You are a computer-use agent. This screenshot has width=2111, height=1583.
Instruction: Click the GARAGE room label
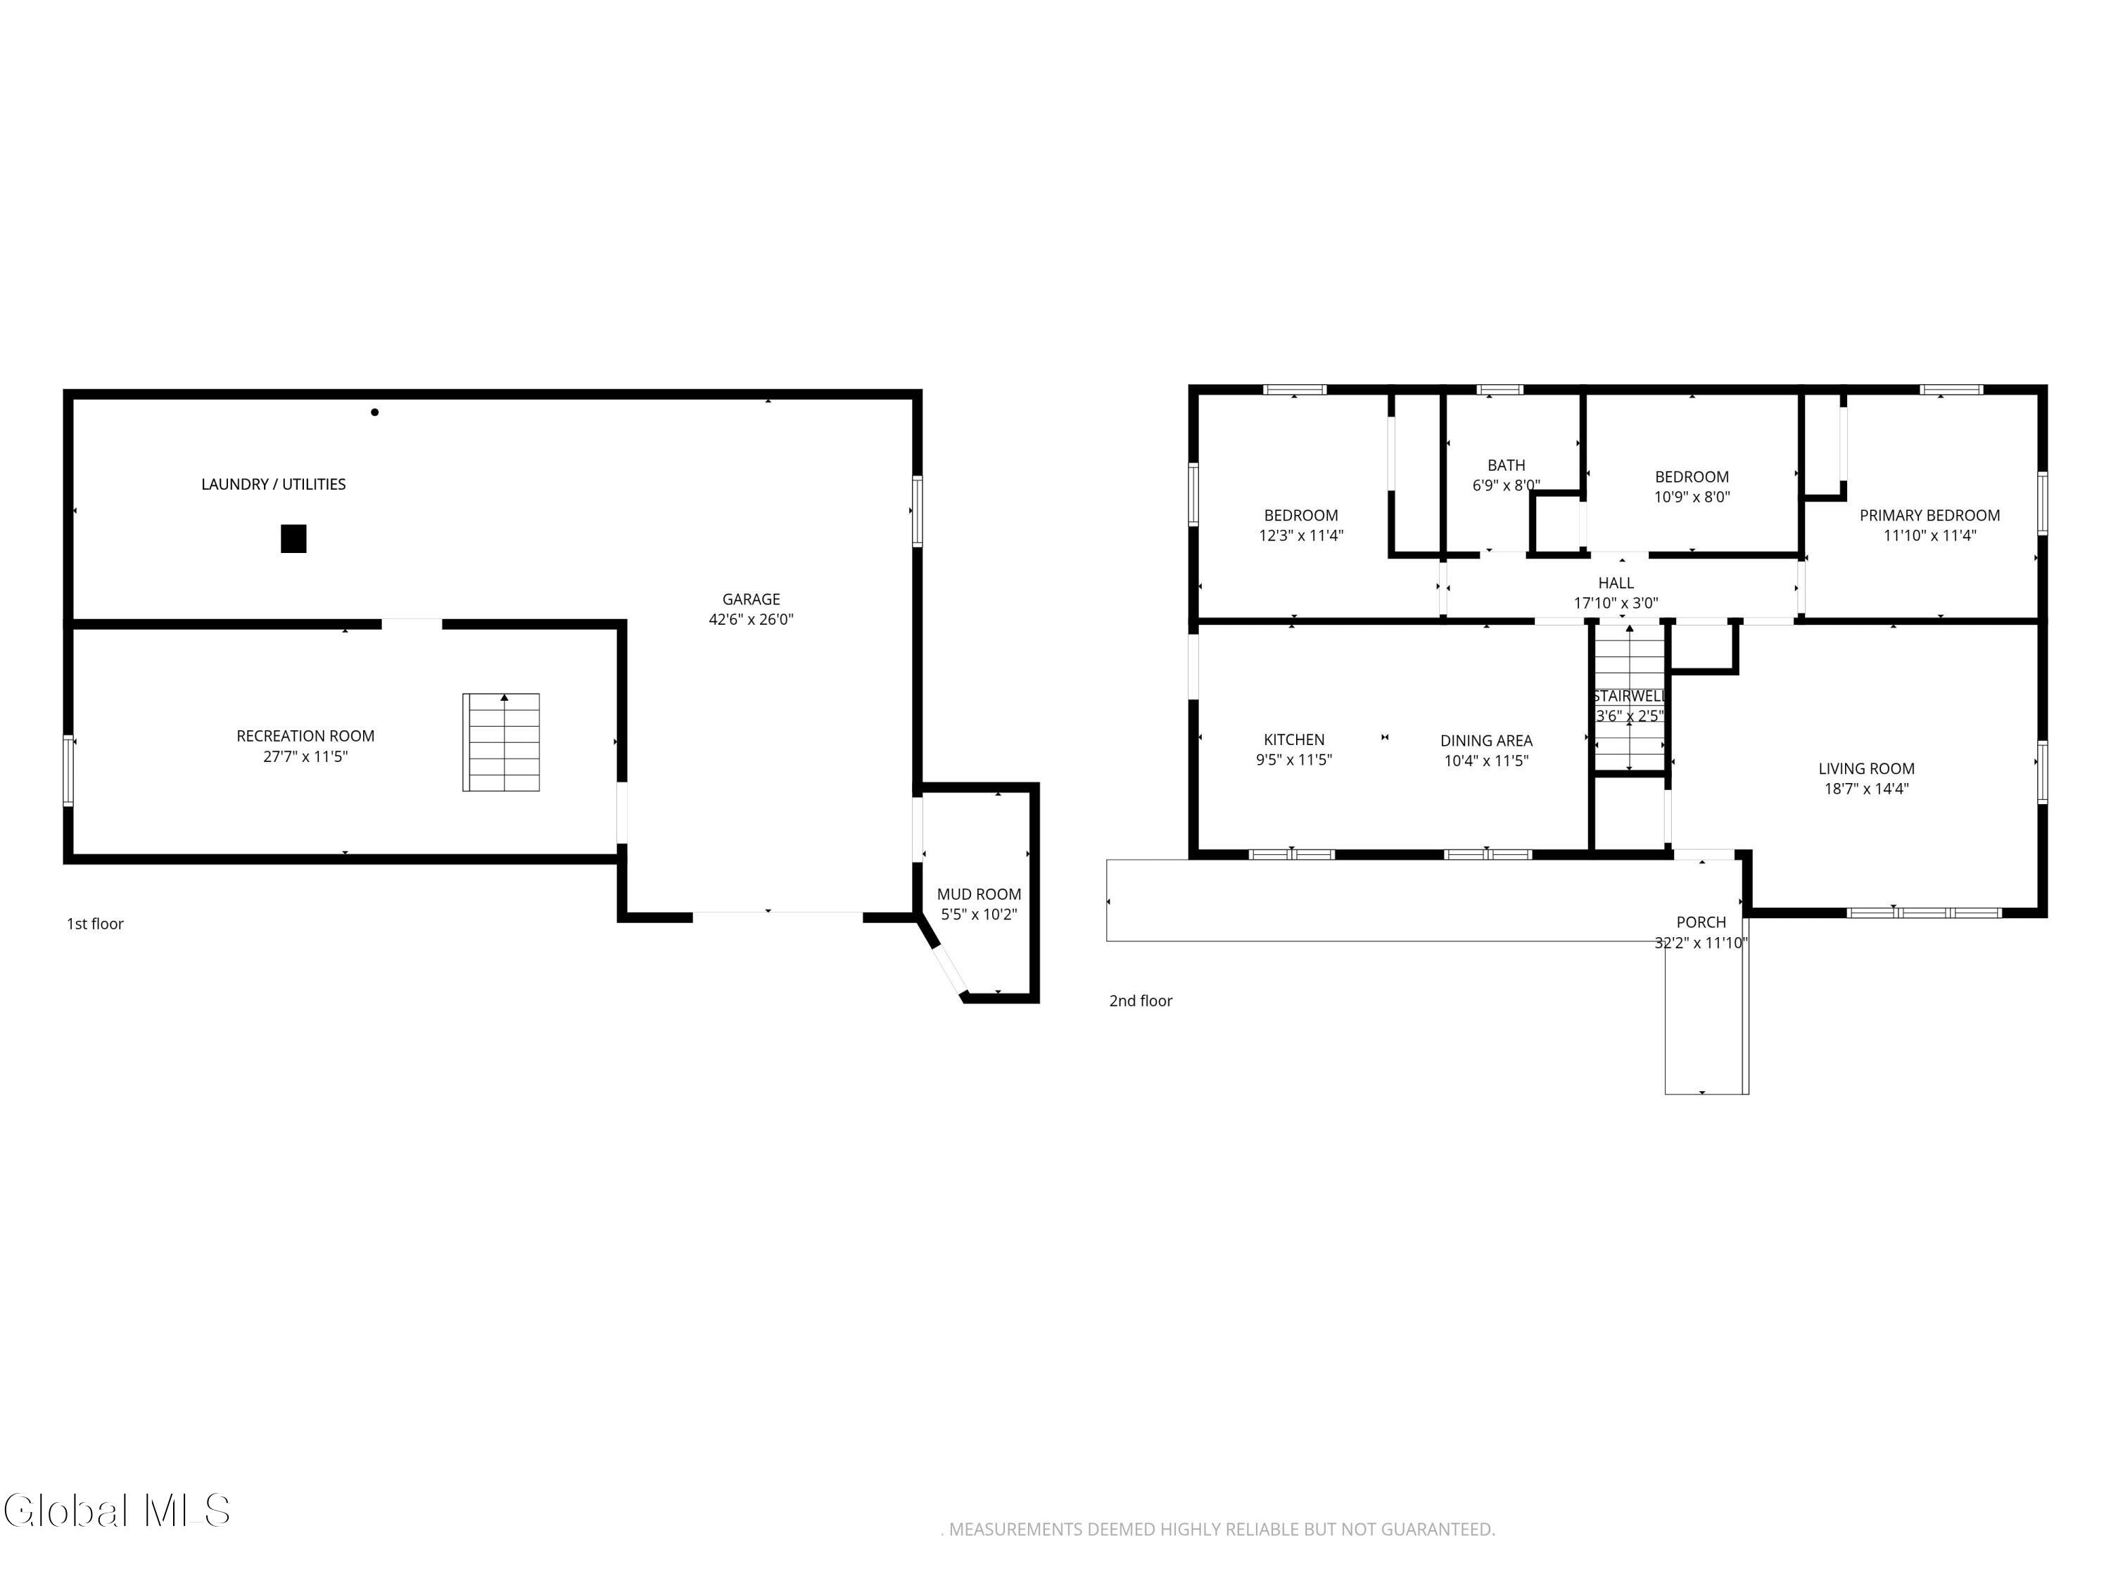click(x=751, y=599)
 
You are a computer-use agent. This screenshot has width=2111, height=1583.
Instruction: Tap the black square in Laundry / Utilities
click(x=293, y=539)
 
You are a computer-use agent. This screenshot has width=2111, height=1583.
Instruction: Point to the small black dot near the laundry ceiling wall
click(x=375, y=412)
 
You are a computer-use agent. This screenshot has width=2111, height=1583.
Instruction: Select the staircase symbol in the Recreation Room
click(x=501, y=742)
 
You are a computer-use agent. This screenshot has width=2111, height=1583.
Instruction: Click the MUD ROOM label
click(x=980, y=894)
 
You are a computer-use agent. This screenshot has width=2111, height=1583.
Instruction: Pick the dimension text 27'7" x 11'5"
click(x=305, y=756)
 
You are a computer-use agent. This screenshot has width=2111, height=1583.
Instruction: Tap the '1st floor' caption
click(x=96, y=924)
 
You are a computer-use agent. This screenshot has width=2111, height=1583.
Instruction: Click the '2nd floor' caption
click(x=1141, y=1001)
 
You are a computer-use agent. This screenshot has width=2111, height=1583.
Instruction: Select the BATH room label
click(x=1506, y=466)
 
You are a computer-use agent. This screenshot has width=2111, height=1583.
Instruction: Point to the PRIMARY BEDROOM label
click(x=1929, y=515)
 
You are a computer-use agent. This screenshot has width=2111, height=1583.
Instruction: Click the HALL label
click(x=1616, y=583)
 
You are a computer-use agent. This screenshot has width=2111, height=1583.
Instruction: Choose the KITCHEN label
click(x=1294, y=739)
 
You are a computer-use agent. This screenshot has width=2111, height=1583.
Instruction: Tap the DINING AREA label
click(x=1486, y=740)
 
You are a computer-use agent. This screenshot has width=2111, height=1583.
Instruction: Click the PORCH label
click(x=1701, y=922)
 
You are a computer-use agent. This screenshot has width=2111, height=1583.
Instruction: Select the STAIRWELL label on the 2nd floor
click(x=1629, y=697)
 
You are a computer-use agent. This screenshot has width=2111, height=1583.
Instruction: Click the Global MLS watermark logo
click(x=116, y=1511)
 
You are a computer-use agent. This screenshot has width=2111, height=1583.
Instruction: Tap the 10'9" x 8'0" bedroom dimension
click(x=1692, y=497)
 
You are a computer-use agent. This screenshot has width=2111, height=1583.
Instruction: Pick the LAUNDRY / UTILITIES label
click(x=274, y=485)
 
